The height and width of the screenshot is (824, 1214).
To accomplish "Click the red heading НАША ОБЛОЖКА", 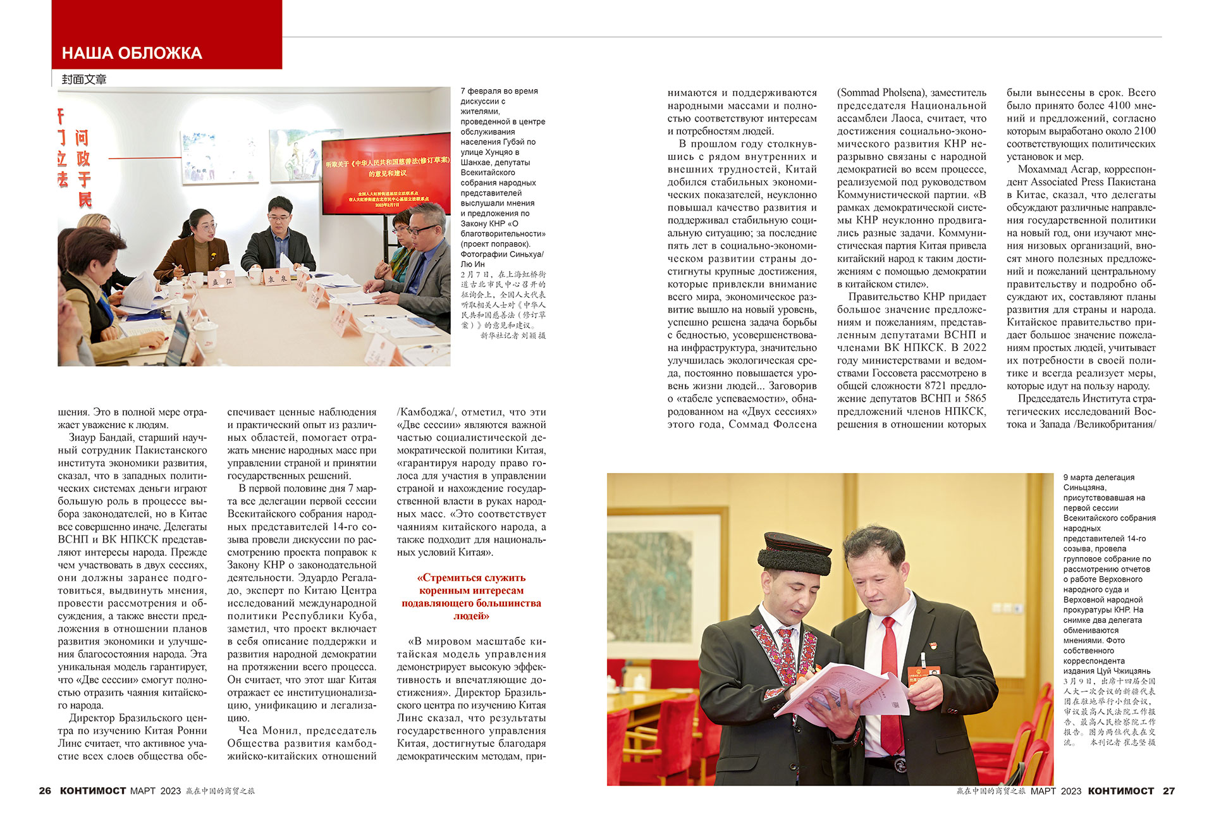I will [132, 53].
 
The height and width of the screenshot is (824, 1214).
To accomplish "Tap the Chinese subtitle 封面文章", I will [84, 80].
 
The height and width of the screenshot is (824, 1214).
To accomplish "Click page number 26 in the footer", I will [45, 790].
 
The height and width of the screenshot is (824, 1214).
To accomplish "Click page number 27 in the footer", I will [1168, 790].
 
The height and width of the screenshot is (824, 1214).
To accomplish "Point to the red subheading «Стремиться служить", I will [471, 578].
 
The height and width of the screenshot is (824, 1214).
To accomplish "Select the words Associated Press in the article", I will [1079, 182].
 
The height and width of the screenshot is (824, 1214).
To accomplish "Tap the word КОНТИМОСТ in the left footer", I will [93, 790].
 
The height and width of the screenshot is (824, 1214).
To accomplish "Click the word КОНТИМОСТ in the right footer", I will [1120, 790].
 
